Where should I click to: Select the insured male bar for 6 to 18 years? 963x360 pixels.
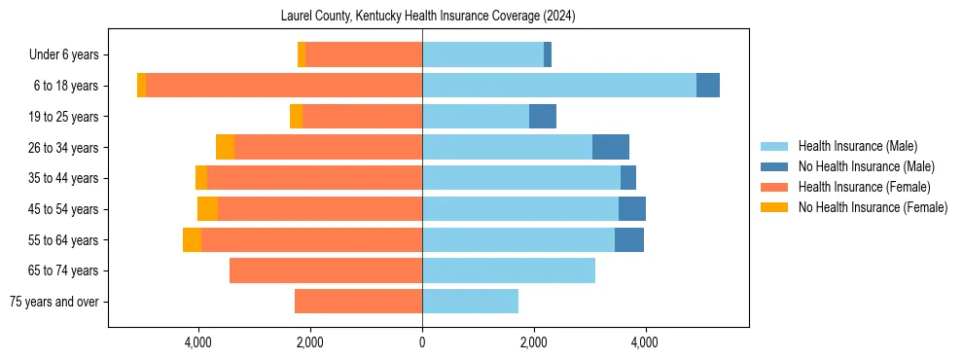558,86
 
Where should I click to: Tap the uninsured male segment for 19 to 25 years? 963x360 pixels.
542,117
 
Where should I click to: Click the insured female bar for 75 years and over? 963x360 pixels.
358,302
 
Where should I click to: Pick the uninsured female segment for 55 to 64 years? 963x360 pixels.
192,240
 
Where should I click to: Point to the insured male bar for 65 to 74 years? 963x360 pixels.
508,270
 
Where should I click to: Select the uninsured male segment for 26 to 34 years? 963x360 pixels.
610,148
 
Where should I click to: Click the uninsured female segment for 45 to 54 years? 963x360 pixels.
207,209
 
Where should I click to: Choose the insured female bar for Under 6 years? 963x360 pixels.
363,55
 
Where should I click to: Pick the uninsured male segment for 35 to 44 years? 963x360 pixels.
628,178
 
